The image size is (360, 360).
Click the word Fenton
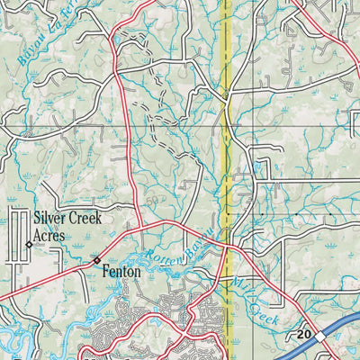point(125,269)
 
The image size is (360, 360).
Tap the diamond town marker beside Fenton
point(97,260)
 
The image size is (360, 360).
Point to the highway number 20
point(302,335)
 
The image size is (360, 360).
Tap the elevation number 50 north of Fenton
point(154,195)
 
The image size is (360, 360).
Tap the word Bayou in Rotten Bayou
point(201,239)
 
